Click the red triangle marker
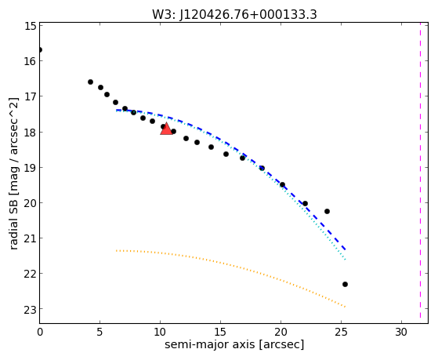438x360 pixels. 166,129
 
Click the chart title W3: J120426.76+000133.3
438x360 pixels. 234,15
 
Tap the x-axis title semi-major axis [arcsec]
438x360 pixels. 234,344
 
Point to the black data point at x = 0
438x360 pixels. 40,50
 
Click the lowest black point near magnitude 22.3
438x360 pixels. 345,284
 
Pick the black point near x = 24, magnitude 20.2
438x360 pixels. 327,211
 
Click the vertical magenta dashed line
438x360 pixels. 420,170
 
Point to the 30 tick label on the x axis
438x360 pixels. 401,332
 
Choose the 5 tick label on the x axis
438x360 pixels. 100,332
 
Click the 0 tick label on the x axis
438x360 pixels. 40,332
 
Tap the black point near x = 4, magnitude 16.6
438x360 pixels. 90,82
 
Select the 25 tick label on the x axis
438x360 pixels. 341,332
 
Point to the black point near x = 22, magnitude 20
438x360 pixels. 305,203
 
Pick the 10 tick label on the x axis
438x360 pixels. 160,332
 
